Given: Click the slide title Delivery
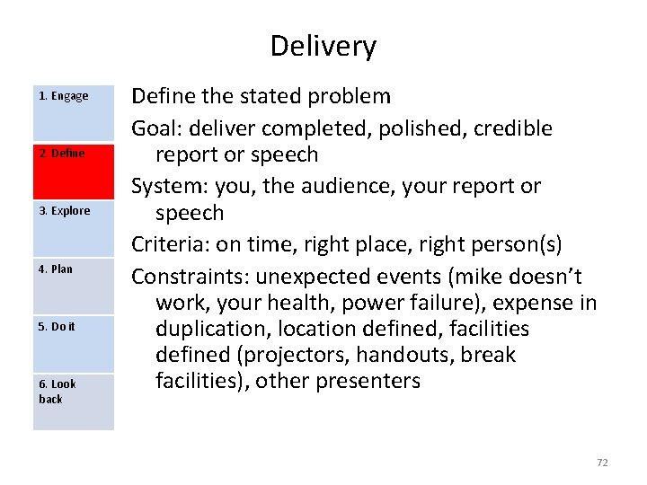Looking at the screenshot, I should tap(323, 46).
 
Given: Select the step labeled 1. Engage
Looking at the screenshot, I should tap(74, 114).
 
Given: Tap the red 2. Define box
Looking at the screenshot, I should tap(74, 171).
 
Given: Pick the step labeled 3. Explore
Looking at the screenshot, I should tap(74, 228).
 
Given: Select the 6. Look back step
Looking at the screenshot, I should tap(74, 401).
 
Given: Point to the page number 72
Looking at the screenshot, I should tap(602, 462).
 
